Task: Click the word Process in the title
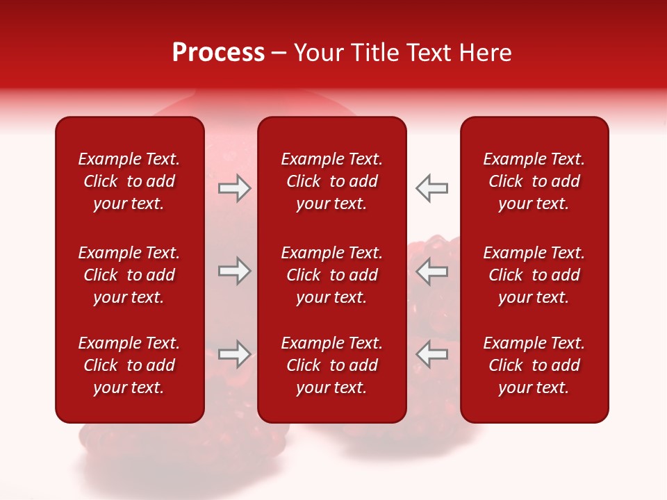click(x=218, y=53)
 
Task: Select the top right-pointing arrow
click(x=234, y=188)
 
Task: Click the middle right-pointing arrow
click(x=234, y=271)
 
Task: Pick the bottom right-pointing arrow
click(x=234, y=353)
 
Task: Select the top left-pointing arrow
click(x=431, y=188)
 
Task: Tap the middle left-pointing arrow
click(x=431, y=271)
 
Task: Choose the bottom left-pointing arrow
click(x=431, y=353)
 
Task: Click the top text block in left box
click(x=129, y=181)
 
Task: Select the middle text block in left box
click(x=129, y=275)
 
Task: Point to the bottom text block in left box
click(x=129, y=365)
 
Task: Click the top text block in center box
click(x=331, y=181)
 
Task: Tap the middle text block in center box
click(x=331, y=275)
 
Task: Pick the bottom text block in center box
click(x=331, y=365)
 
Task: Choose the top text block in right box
click(x=534, y=181)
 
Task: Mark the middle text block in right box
click(x=534, y=275)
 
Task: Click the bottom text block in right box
click(x=534, y=365)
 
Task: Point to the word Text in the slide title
click(x=430, y=53)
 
